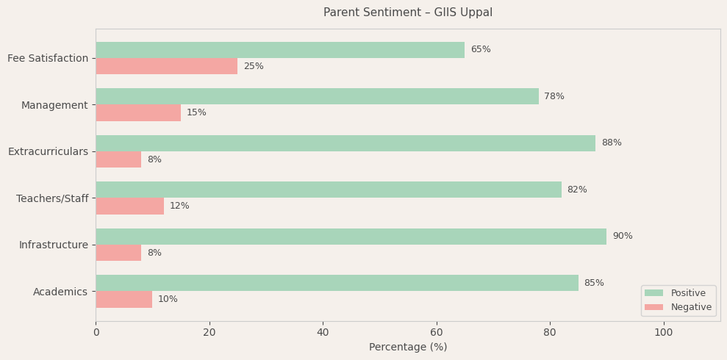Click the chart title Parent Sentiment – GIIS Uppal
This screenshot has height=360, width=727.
point(408,12)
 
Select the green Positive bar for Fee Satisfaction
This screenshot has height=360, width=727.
point(280,50)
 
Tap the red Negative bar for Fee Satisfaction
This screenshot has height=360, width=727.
point(167,66)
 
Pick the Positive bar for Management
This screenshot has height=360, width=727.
point(317,96)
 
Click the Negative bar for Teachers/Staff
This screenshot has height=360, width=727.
point(130,206)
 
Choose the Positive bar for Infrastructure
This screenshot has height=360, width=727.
point(351,237)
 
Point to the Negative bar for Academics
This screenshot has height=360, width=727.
point(124,299)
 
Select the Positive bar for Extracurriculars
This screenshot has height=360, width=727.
point(345,143)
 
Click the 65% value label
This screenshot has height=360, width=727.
point(481,50)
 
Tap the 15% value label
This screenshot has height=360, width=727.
point(196,113)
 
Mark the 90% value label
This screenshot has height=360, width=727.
point(623,237)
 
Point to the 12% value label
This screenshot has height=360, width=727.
point(179,206)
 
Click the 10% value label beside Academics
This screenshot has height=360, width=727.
point(168,300)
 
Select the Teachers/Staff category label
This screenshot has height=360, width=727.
point(52,198)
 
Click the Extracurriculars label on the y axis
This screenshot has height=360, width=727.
point(48,151)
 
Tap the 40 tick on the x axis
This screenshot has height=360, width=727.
point(323,333)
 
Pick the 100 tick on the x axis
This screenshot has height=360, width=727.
point(663,333)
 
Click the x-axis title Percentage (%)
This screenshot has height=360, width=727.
point(408,348)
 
